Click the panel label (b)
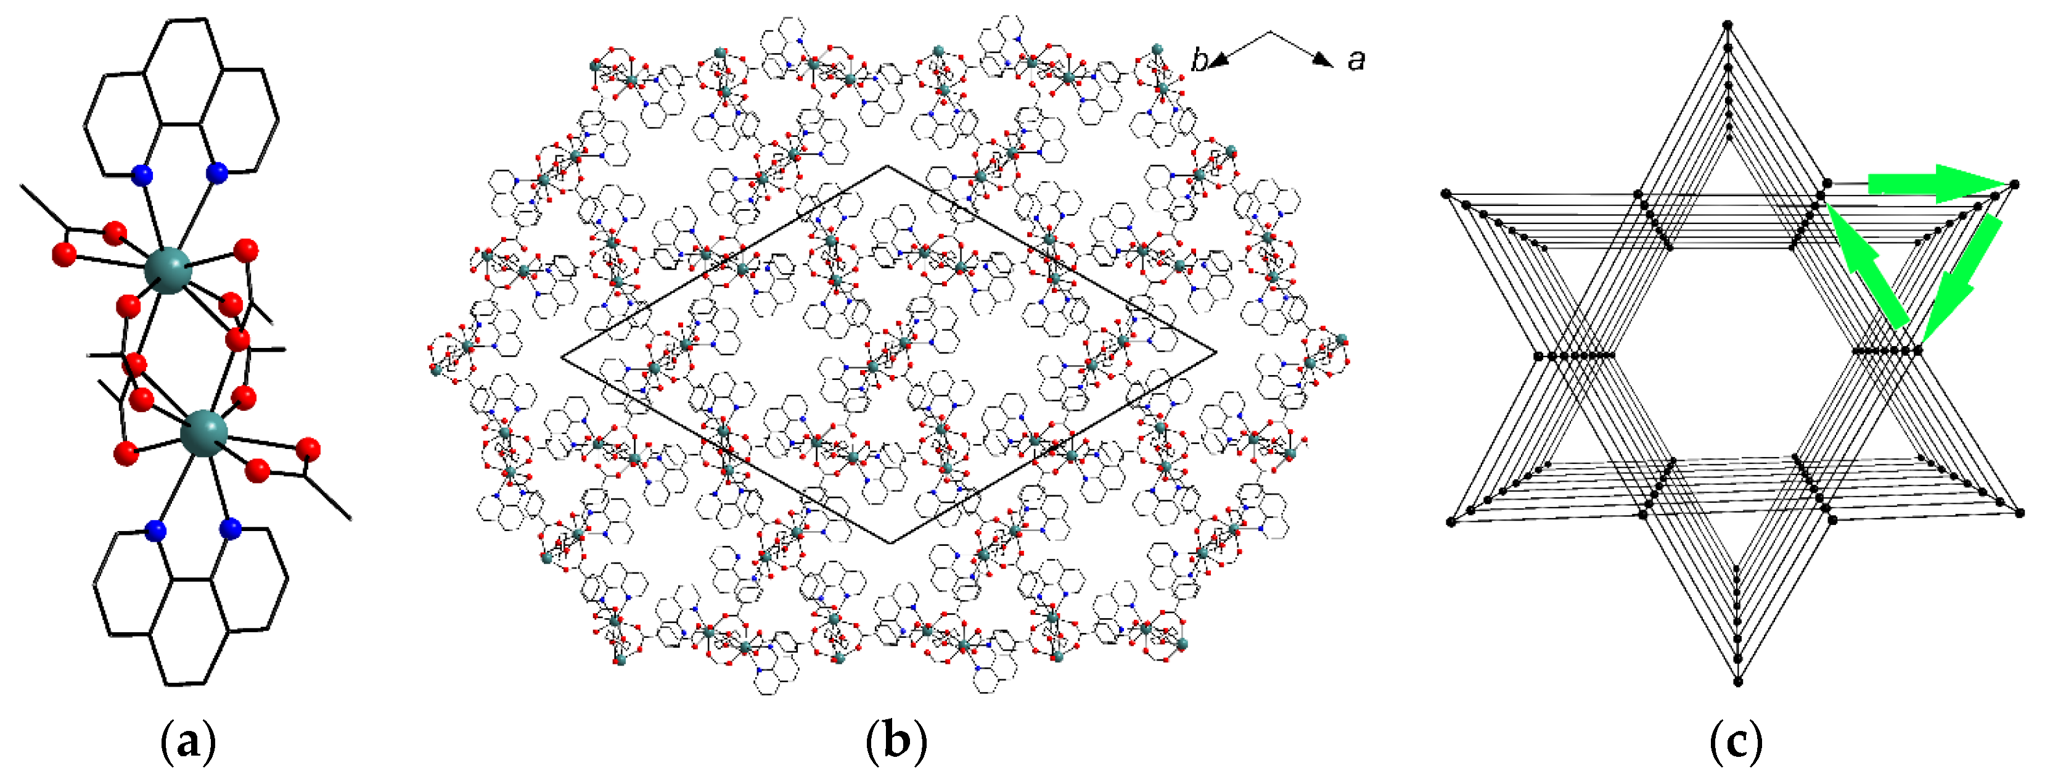click(x=896, y=741)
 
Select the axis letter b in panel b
click(x=1199, y=60)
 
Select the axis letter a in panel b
click(x=1356, y=60)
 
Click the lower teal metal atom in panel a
click(x=203, y=434)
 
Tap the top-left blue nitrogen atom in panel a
click(x=142, y=174)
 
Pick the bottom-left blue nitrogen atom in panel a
click(x=156, y=530)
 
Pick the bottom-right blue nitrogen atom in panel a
click(x=230, y=527)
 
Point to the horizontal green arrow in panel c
click(x=1933, y=184)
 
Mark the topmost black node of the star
click(x=1728, y=25)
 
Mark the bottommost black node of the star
click(x=1737, y=682)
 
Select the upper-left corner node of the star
click(x=1446, y=194)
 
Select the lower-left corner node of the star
click(x=1451, y=522)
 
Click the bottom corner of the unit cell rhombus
click(x=892, y=543)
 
